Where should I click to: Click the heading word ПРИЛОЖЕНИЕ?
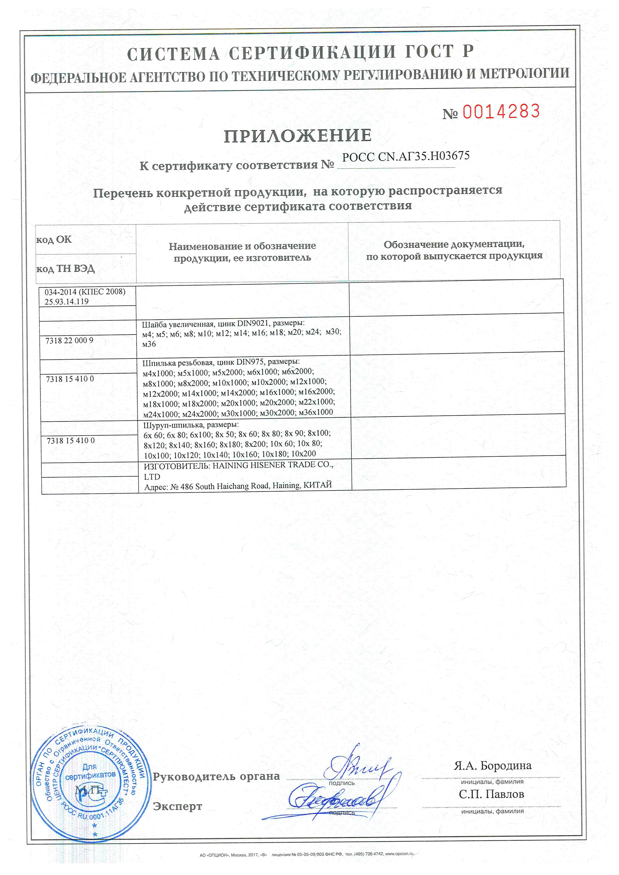coord(298,136)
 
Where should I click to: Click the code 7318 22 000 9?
coord(69,340)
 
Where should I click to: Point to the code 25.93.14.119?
coord(67,301)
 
